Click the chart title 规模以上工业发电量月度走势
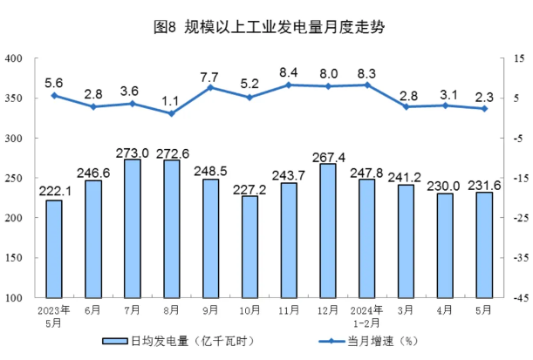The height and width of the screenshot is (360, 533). [268, 26]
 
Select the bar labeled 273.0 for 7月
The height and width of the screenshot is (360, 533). [133, 228]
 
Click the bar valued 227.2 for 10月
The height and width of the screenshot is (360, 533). [249, 247]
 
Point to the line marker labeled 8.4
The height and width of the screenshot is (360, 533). [289, 85]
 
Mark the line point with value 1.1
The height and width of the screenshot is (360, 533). [171, 113]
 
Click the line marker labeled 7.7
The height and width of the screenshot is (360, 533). [210, 87]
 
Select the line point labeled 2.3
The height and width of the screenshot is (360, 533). [484, 108]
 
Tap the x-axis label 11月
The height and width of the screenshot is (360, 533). [289, 309]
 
